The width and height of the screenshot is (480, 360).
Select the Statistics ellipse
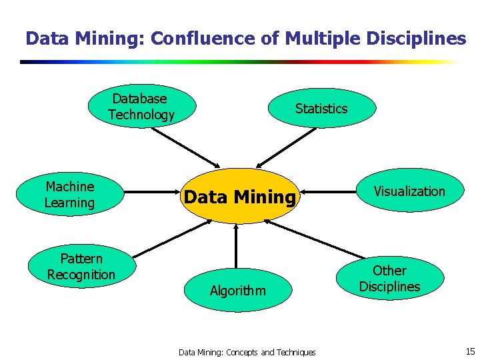321,109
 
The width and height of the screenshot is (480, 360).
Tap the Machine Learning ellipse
70,195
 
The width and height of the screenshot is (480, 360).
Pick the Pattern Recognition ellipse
81,267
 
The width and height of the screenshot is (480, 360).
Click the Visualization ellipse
409,191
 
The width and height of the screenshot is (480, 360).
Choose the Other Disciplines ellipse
389,279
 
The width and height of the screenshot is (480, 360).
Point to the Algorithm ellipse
237,291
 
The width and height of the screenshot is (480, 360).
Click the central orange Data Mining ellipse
239,197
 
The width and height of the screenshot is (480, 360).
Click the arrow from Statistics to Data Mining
287,147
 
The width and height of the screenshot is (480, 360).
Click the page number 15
469,351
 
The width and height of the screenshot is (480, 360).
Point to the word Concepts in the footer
242,352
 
